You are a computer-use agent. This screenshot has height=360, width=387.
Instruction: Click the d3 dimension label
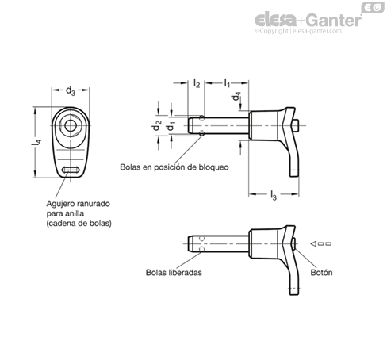(71, 91)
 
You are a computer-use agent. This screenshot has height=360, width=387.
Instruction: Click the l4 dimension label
(36, 142)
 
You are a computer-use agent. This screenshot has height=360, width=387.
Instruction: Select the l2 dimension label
(197, 83)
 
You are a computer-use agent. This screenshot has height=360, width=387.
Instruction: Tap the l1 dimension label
(227, 82)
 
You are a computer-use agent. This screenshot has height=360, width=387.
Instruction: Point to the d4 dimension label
(236, 96)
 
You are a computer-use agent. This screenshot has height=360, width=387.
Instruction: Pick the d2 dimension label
(156, 125)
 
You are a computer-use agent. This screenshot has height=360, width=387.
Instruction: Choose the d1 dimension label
(171, 126)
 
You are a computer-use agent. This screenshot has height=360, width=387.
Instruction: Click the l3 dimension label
(274, 195)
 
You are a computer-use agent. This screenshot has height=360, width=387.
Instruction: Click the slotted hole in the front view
(71, 170)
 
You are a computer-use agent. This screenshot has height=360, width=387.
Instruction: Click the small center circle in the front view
(71, 125)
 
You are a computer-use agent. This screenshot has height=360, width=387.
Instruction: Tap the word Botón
(321, 273)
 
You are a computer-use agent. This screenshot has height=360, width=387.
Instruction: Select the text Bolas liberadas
(174, 273)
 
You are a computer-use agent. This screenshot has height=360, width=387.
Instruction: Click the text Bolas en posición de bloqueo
(174, 167)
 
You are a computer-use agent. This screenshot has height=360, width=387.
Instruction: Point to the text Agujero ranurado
(79, 204)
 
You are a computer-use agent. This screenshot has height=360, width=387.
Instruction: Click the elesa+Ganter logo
(308, 20)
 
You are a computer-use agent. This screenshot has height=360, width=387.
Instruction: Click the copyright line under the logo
(298, 31)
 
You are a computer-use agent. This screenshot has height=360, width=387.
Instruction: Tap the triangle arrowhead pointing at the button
(313, 243)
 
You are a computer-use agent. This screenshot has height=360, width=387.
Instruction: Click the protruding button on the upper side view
(296, 125)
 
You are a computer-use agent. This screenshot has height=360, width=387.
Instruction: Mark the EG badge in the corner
(373, 8)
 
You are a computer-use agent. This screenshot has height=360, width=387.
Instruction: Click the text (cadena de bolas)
(79, 224)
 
